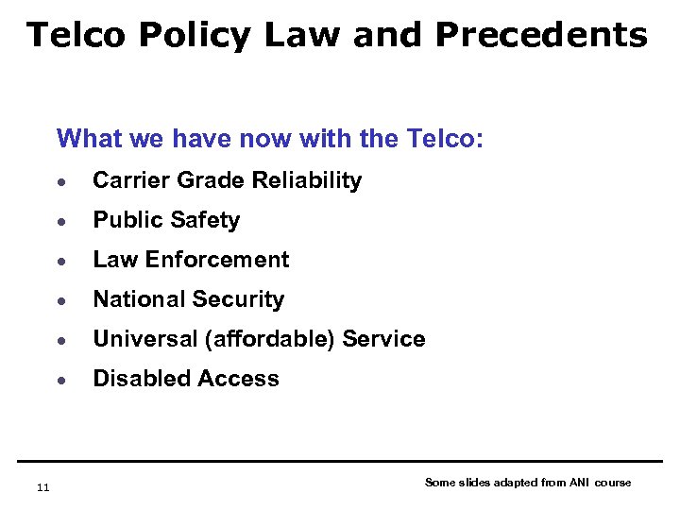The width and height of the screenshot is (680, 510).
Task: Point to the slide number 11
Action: [x=42, y=487]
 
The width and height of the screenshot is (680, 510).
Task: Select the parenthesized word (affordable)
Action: [x=261, y=339]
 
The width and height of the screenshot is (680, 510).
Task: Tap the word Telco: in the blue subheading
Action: [x=443, y=140]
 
